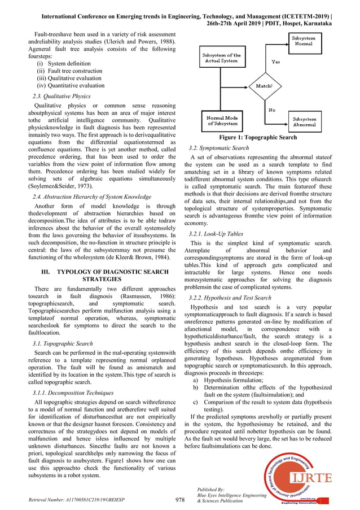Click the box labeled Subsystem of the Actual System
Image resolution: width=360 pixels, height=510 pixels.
(221, 58)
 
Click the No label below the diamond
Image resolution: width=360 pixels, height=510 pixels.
(272, 110)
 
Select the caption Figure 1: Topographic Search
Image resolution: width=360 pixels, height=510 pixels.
(257, 137)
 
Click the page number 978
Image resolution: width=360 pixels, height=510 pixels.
(180, 500)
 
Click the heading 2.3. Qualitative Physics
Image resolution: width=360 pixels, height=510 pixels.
(62, 97)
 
